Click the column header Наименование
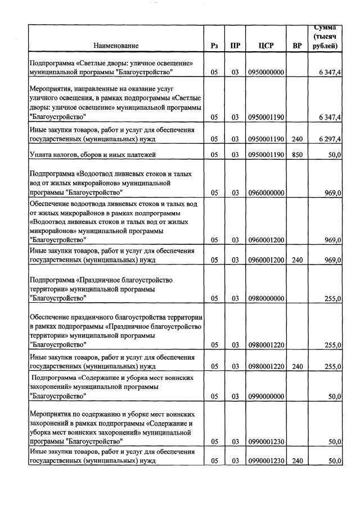(116, 46)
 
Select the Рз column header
(214, 46)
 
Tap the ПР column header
(235, 46)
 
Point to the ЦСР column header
(265, 46)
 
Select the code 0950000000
(265, 73)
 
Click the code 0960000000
(265, 192)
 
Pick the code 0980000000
(265, 299)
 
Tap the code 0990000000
(265, 396)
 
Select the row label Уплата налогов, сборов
(92, 154)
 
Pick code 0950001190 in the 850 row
(265, 154)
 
